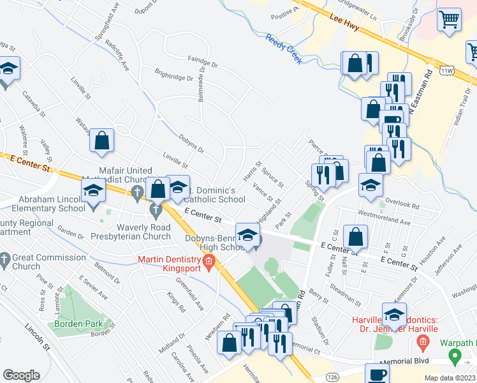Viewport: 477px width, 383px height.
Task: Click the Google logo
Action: coord(21,375)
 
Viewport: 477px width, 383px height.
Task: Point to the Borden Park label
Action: coord(87,324)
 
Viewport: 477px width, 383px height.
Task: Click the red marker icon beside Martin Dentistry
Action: coord(209,262)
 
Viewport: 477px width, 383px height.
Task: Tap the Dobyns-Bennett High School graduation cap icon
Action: coord(248,234)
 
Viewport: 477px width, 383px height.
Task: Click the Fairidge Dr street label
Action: coord(203,64)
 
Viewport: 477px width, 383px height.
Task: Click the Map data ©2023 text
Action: coord(450,378)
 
